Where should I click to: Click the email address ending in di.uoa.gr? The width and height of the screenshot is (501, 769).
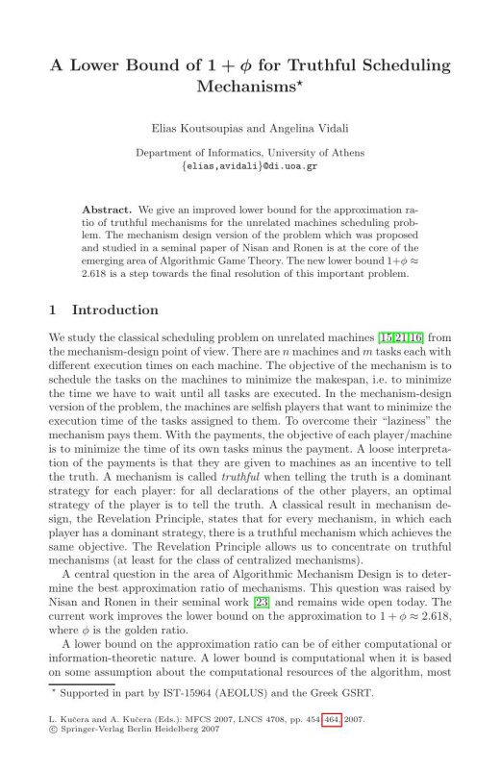pos(250,165)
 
